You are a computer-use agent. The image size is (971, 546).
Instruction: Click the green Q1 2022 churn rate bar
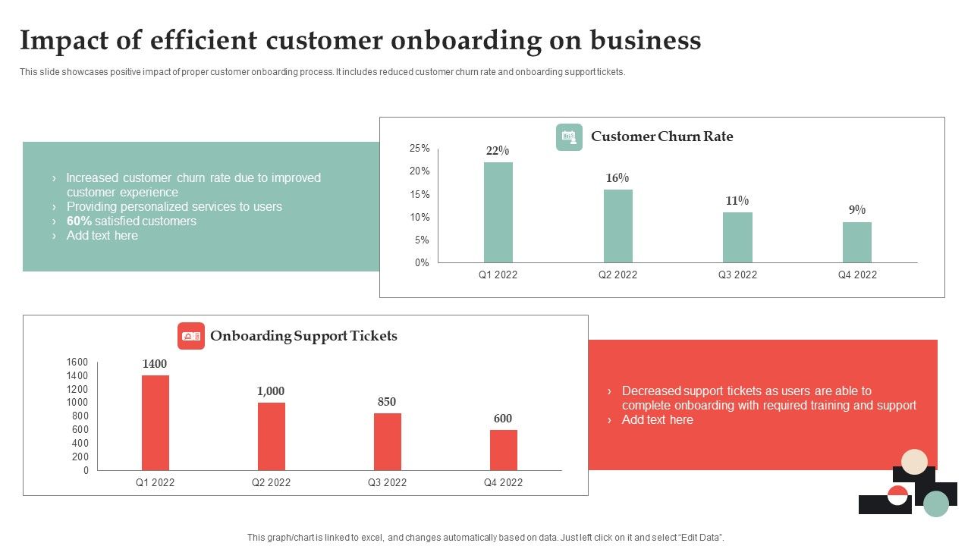tap(498, 212)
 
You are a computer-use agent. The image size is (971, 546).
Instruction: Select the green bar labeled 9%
tap(856, 242)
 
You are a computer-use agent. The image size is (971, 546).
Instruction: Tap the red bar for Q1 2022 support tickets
tap(155, 422)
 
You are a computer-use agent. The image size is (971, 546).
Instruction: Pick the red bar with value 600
tap(503, 450)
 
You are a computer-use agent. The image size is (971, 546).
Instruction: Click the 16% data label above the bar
tap(617, 178)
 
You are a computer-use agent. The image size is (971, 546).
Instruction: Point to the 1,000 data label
tap(271, 391)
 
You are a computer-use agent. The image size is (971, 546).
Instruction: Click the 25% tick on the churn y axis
tap(420, 149)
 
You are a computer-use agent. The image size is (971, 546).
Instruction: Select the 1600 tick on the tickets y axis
tap(77, 362)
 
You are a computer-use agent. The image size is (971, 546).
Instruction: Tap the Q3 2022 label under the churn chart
tap(737, 275)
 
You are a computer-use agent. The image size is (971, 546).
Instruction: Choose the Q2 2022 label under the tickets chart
tap(271, 482)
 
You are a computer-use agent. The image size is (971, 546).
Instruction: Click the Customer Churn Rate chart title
tap(661, 136)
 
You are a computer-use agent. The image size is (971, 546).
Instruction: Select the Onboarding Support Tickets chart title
tap(303, 336)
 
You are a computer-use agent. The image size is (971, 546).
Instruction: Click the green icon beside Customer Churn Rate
tap(569, 137)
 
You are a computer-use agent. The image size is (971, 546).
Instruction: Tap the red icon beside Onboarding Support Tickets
tap(191, 336)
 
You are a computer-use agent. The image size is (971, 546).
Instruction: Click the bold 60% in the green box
tap(79, 221)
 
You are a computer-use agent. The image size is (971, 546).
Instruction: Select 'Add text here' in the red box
tap(657, 420)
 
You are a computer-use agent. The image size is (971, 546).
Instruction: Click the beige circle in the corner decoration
tap(915, 462)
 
